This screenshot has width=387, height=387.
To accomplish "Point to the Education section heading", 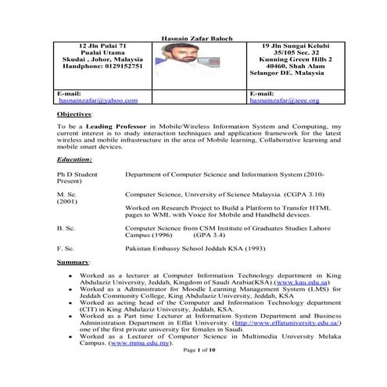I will [75, 159].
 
